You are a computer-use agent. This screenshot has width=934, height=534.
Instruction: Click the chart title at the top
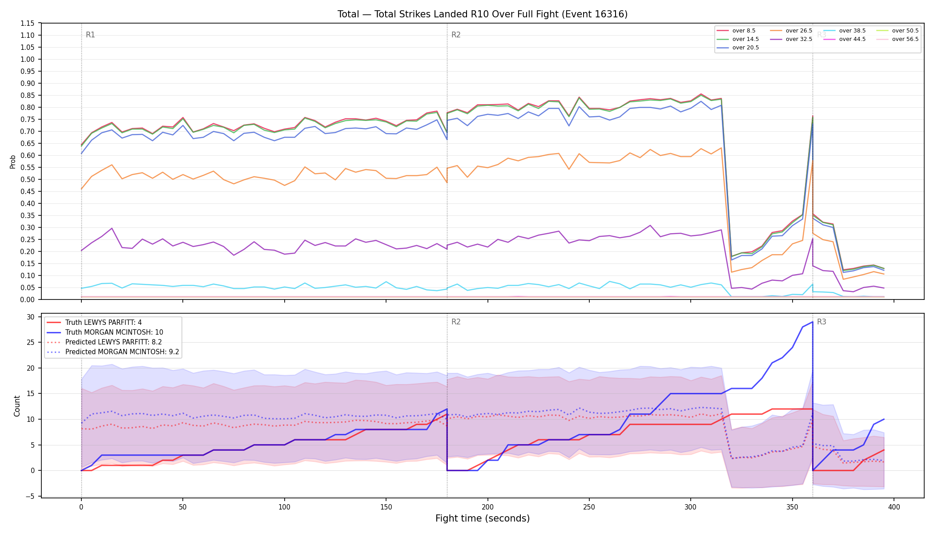tap(483, 14)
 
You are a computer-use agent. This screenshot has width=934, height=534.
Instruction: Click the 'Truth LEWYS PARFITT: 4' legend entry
tap(94, 323)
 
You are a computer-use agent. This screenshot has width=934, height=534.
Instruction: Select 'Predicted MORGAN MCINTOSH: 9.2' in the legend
tap(113, 352)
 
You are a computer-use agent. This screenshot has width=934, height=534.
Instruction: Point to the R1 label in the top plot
tap(90, 35)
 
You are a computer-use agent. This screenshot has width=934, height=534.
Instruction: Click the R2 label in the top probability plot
tap(456, 35)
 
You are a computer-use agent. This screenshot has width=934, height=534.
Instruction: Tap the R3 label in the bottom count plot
tap(821, 322)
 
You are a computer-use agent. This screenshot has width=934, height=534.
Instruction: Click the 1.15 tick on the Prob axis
tap(27, 23)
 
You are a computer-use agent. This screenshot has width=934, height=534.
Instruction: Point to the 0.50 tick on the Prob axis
tap(27, 179)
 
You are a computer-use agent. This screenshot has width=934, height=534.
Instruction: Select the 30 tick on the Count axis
tap(31, 317)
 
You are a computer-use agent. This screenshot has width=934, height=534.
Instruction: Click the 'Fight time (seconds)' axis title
tap(483, 518)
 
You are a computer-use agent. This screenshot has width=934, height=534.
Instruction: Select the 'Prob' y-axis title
tap(13, 162)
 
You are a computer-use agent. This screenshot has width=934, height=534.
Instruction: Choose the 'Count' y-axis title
tap(17, 406)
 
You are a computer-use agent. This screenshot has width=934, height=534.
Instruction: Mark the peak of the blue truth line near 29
tap(813, 322)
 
